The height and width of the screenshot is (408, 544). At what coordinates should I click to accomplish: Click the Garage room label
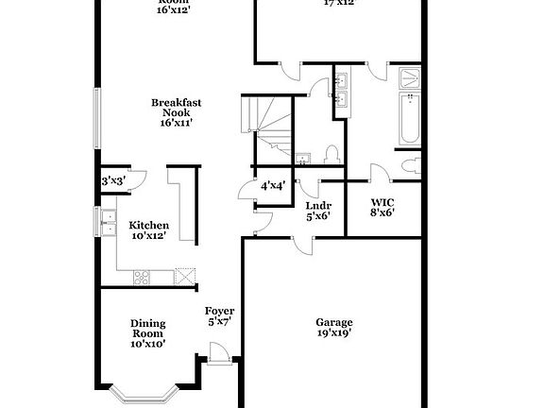click(x=334, y=322)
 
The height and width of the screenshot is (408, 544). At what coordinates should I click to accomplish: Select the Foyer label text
click(x=219, y=311)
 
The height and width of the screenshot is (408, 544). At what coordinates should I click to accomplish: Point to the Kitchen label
click(x=148, y=225)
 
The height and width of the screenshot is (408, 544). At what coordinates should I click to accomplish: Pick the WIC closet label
click(x=382, y=201)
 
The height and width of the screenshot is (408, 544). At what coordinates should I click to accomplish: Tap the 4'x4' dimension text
click(x=273, y=186)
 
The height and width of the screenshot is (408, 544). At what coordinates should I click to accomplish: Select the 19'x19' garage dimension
click(x=334, y=332)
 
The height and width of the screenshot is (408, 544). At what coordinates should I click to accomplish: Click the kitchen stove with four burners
click(x=143, y=276)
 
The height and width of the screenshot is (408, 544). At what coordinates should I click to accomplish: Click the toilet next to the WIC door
click(x=409, y=167)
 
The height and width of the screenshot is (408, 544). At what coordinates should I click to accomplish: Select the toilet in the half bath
click(x=331, y=155)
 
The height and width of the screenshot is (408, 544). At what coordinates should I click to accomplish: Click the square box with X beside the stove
click(x=186, y=276)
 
